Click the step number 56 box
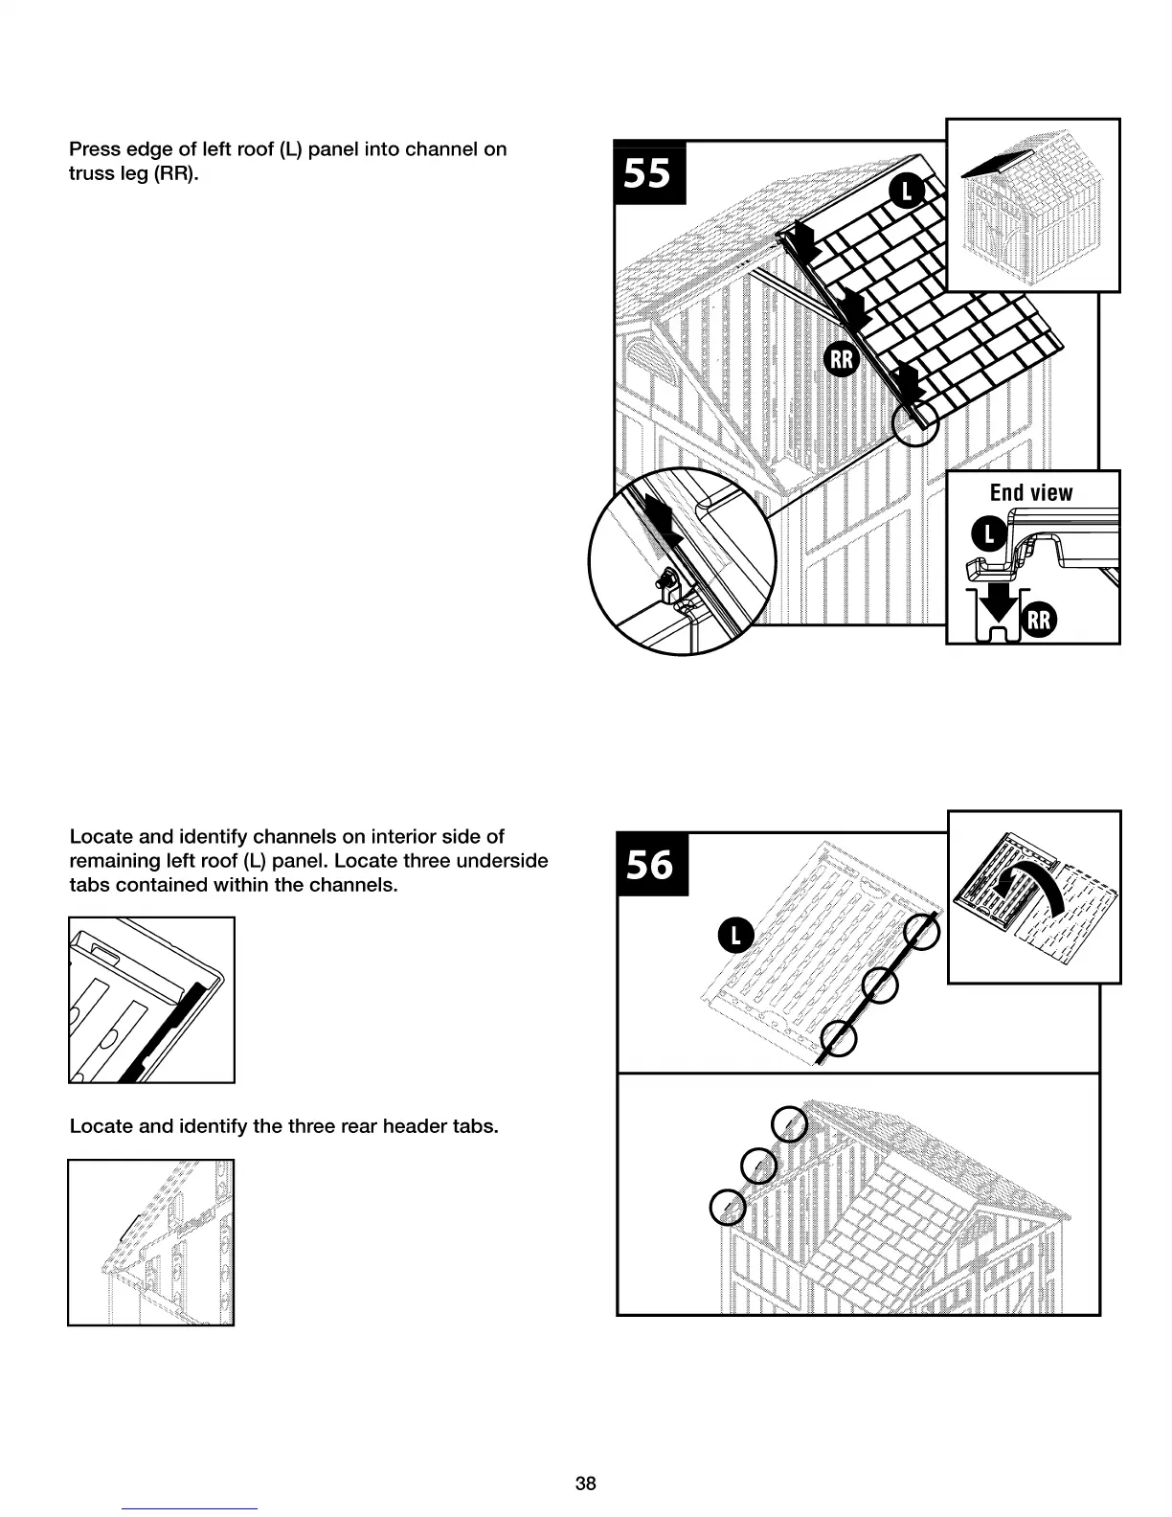(x=651, y=864)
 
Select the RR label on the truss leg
(x=842, y=360)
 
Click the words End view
(x=1031, y=492)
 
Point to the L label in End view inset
(x=989, y=534)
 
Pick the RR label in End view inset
(x=1039, y=621)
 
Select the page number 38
(x=585, y=1483)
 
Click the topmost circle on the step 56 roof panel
(x=923, y=933)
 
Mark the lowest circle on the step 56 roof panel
(x=839, y=1039)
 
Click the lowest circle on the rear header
(x=728, y=1207)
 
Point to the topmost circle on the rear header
(x=789, y=1124)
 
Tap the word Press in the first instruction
(x=95, y=149)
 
